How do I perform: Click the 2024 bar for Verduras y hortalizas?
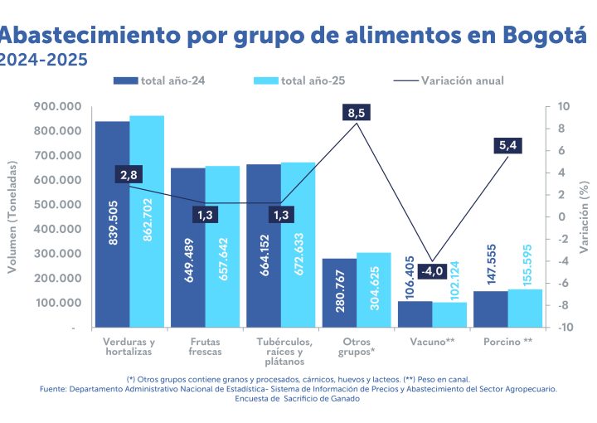pyautogui.click(x=112, y=224)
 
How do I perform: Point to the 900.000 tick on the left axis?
pyautogui.click(x=58, y=106)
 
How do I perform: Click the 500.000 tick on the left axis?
pyautogui.click(x=58, y=204)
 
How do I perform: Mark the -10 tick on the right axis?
pyautogui.click(x=563, y=327)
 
